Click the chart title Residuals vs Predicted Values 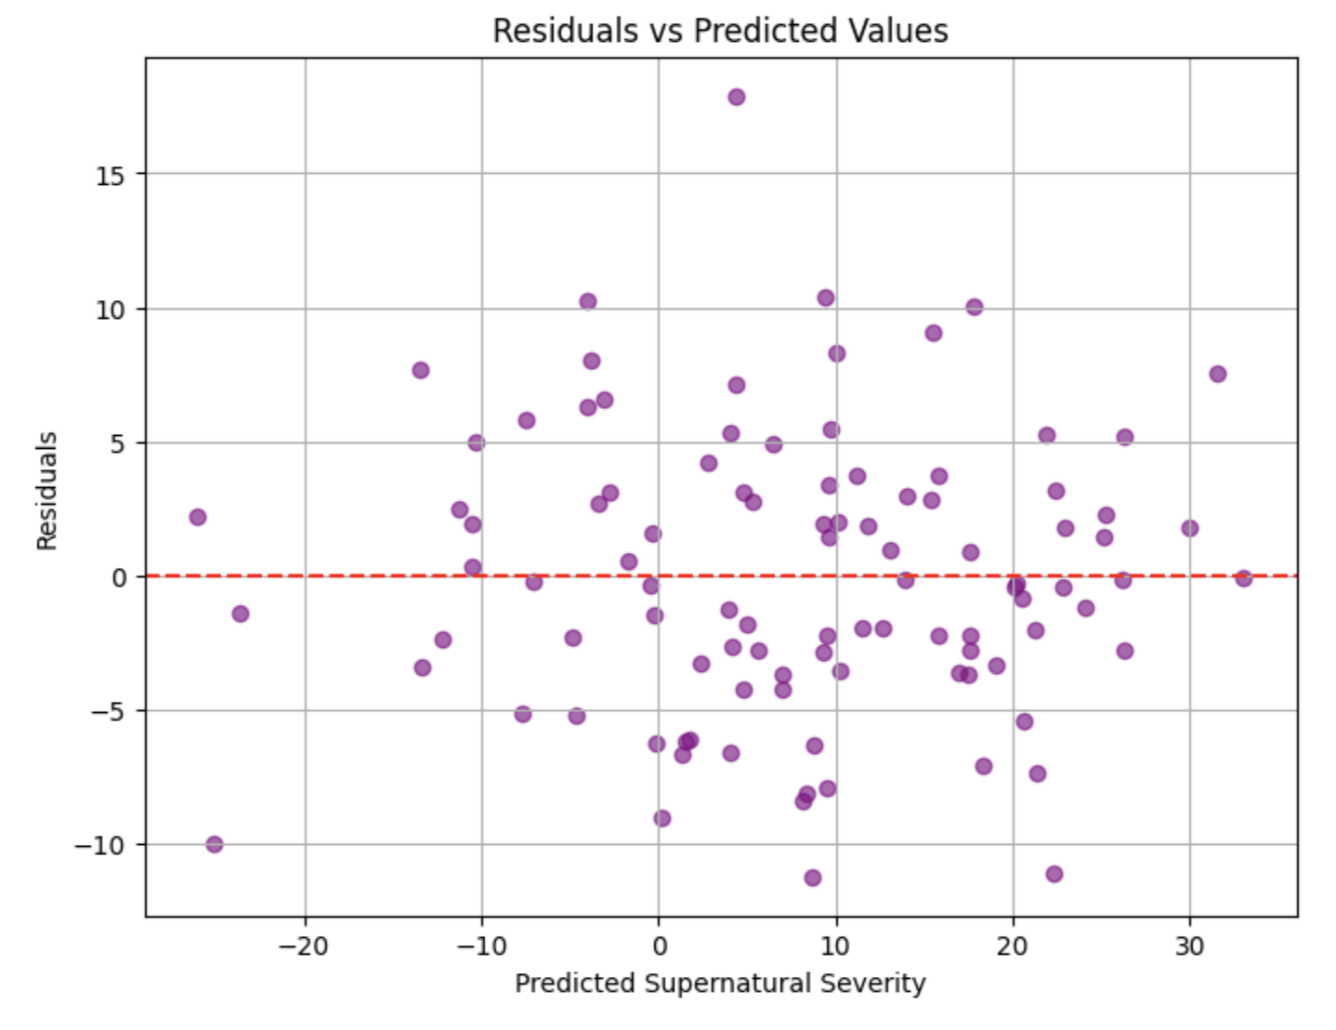720,31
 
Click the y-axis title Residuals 47,490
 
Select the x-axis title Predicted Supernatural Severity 720,984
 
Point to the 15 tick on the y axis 110,175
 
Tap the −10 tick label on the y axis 104,845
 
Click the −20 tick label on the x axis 305,946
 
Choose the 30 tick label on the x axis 1189,946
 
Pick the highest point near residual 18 737,98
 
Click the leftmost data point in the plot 198,517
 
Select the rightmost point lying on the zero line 1244,578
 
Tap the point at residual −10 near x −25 215,844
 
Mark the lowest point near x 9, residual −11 813,878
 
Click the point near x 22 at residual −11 1054,874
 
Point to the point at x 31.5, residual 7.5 1218,374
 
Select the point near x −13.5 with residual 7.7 421,370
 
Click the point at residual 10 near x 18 975,307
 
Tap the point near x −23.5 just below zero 241,614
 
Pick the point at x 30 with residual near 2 1190,528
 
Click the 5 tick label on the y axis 117,443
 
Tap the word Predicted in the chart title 754,31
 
